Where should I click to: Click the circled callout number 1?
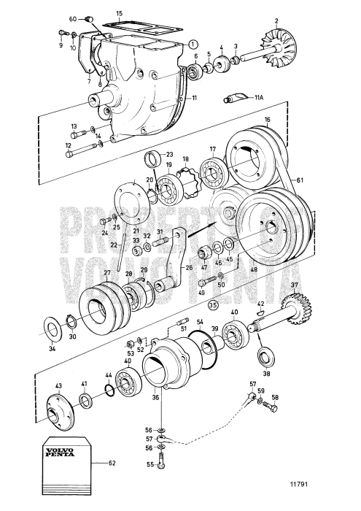tap(192, 43)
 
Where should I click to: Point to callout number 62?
tap(112, 463)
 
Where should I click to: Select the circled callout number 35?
tap(214, 304)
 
